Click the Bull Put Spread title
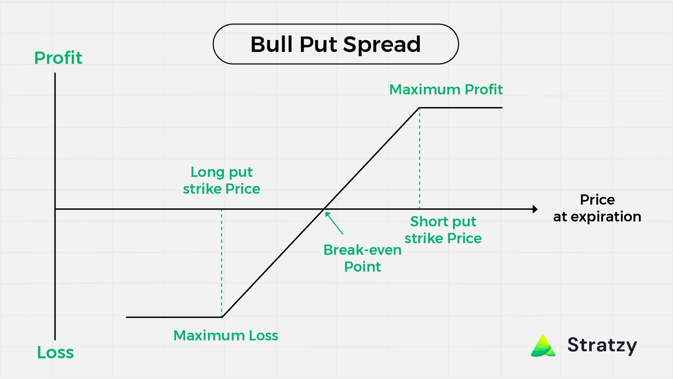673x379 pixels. pyautogui.click(x=336, y=44)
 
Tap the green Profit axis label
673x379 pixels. pyautogui.click(x=58, y=58)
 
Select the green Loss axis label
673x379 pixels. pyautogui.click(x=55, y=352)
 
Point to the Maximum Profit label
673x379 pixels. pyautogui.click(x=446, y=89)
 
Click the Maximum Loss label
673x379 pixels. pyautogui.click(x=226, y=336)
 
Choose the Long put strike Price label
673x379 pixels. pyautogui.click(x=221, y=180)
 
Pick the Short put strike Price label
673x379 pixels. pyautogui.click(x=443, y=230)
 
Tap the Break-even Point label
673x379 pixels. pyautogui.click(x=362, y=258)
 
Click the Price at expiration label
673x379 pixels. pyautogui.click(x=597, y=208)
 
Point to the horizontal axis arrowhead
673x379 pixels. pyautogui.click(x=535, y=209)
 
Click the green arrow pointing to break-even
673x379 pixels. pyautogui.click(x=334, y=223)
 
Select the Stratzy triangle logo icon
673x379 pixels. pyautogui.click(x=543, y=346)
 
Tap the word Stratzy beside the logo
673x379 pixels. pyautogui.click(x=602, y=345)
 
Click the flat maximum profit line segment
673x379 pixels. pyautogui.click(x=461, y=108)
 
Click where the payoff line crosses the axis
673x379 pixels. pyautogui.click(x=324, y=209)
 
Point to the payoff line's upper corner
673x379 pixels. pyautogui.click(x=419, y=108)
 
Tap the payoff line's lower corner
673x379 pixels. pyautogui.click(x=222, y=317)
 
